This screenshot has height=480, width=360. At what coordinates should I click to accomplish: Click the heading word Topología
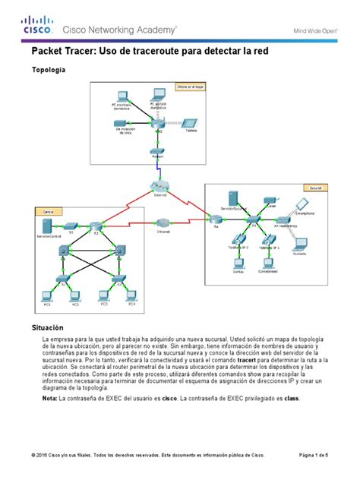(47, 70)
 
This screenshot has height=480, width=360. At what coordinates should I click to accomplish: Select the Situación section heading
(47, 326)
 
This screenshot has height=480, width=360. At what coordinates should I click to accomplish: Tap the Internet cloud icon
(159, 187)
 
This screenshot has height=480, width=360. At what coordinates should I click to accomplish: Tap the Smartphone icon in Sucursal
(302, 204)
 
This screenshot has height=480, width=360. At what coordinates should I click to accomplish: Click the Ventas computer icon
(238, 265)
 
